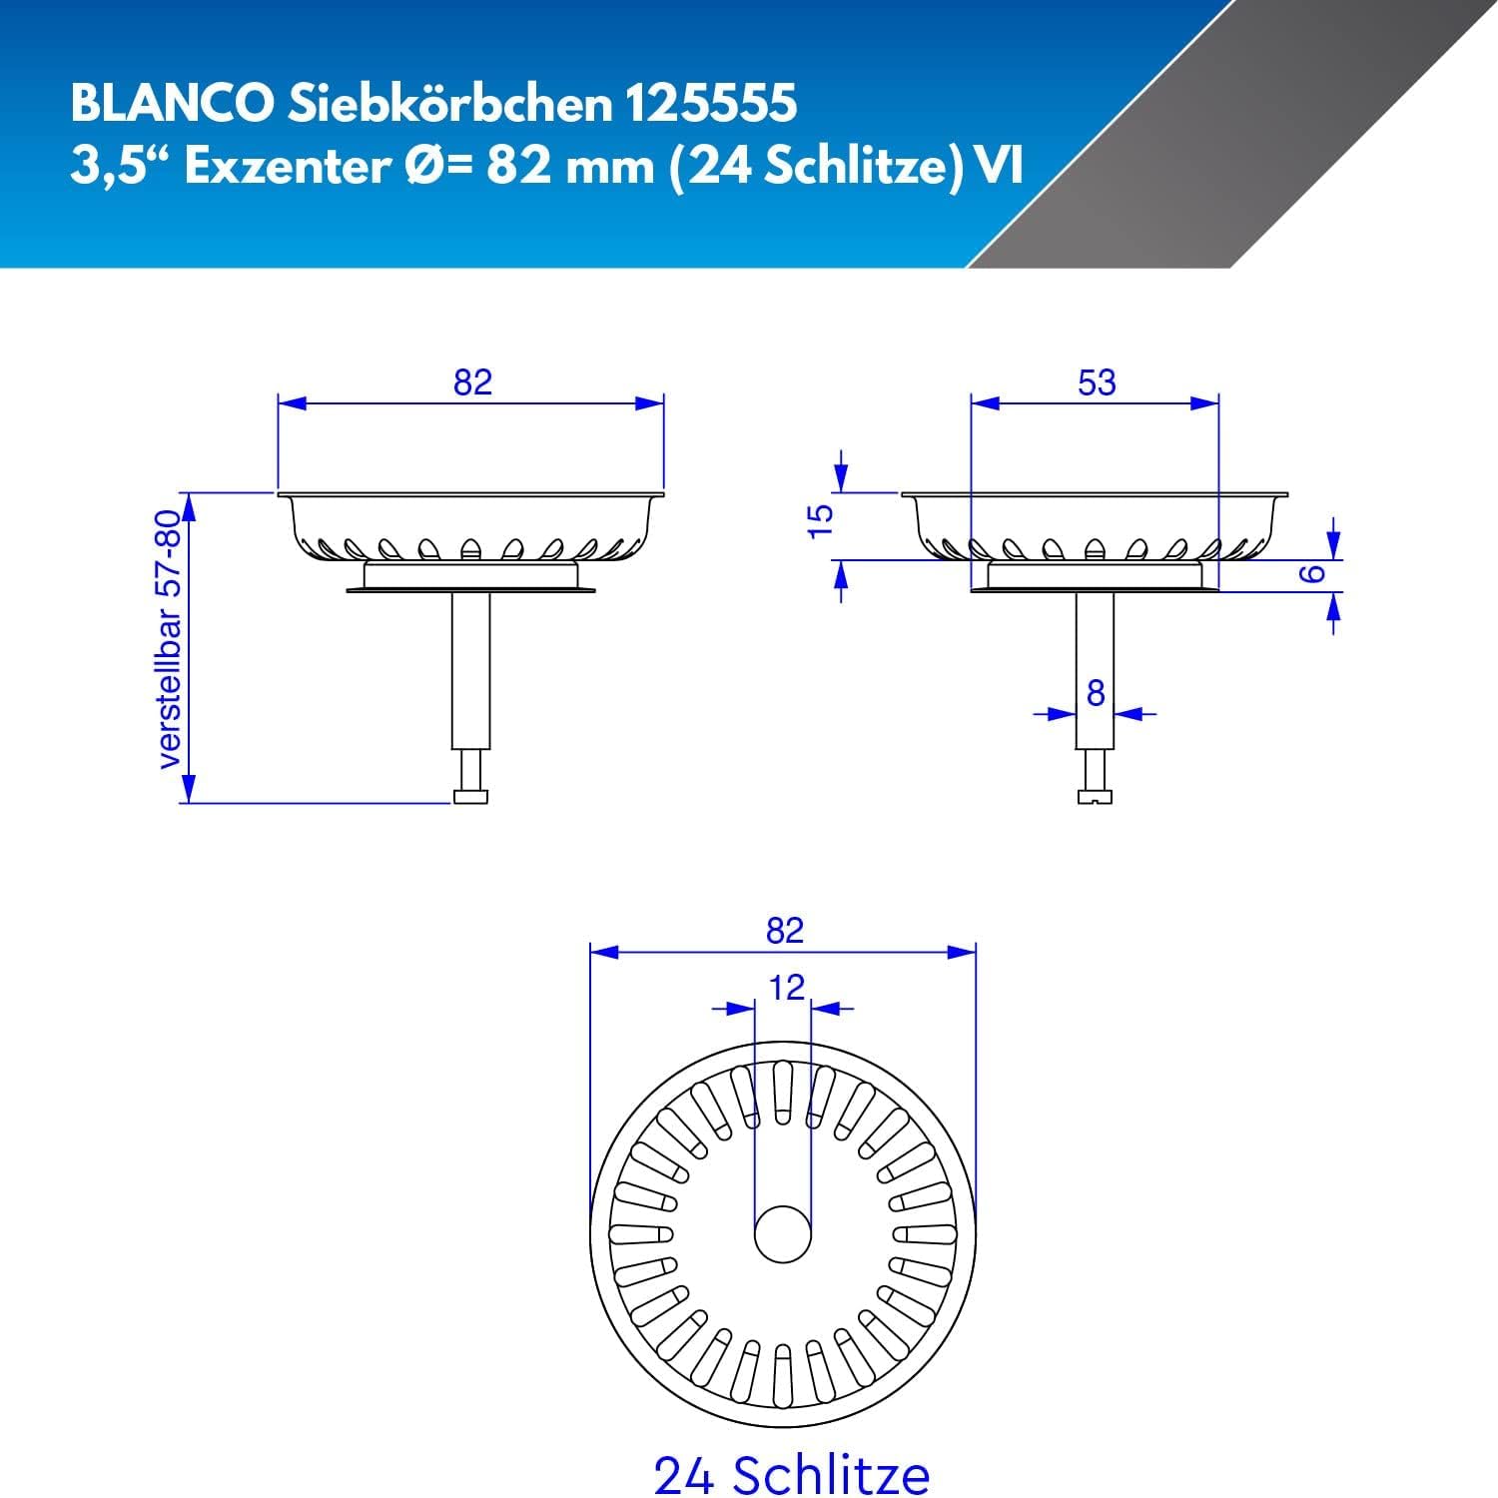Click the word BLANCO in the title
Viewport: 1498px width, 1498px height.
click(171, 103)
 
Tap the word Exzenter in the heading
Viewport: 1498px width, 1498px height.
click(285, 167)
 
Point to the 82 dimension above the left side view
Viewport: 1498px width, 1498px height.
click(472, 381)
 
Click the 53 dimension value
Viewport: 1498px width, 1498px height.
click(1097, 381)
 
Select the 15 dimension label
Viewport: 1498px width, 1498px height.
click(819, 520)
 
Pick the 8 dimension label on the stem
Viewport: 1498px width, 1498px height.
click(1096, 692)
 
